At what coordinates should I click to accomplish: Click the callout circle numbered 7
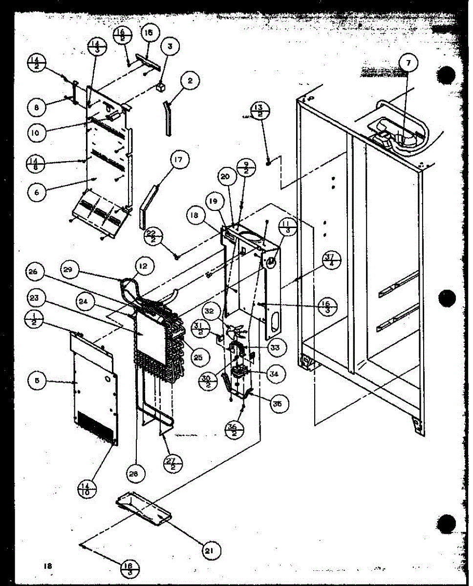408,62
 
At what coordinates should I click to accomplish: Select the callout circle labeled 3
170,47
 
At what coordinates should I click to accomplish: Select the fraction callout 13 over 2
259,111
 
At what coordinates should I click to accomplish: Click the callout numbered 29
70,268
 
